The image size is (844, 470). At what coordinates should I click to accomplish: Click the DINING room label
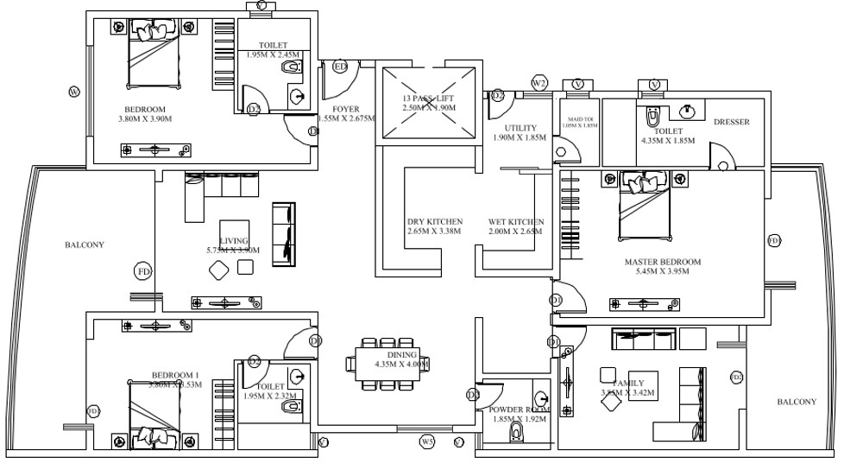click(x=402, y=355)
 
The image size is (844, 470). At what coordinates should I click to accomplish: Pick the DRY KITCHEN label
click(x=434, y=221)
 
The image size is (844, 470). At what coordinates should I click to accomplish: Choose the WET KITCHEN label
click(x=515, y=221)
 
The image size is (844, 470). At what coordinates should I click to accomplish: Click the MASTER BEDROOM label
click(x=663, y=261)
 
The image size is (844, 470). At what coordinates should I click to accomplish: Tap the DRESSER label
click(x=731, y=122)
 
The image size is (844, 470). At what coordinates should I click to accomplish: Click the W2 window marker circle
click(x=539, y=82)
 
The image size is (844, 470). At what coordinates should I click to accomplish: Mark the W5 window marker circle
click(x=426, y=442)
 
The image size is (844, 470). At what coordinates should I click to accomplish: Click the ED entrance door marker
click(x=340, y=67)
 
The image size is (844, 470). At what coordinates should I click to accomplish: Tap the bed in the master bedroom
click(x=643, y=207)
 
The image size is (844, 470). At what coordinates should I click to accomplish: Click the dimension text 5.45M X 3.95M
click(x=663, y=271)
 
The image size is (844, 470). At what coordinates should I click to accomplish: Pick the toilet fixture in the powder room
click(x=518, y=429)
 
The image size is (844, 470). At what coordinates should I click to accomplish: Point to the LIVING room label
click(x=234, y=240)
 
